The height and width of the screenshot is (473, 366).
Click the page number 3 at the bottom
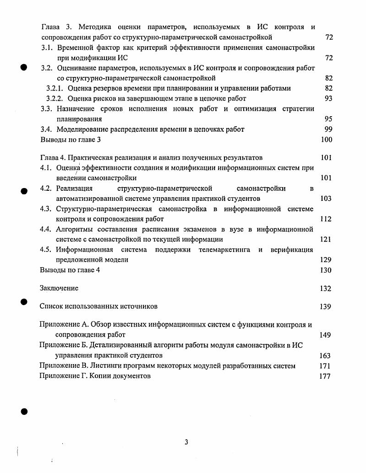pos(186,442)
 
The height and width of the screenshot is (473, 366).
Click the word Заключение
pos(59,288)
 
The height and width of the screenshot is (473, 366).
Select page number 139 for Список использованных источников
pos(325,306)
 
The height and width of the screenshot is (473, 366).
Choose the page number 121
pos(325,239)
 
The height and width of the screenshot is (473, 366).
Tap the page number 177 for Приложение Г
pos(324,376)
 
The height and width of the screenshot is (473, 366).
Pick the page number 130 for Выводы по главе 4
pos(325,270)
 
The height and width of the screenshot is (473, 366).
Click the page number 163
pos(325,355)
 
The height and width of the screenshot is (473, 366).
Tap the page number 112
pos(325,219)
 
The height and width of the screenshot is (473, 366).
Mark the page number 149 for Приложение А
pos(325,335)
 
